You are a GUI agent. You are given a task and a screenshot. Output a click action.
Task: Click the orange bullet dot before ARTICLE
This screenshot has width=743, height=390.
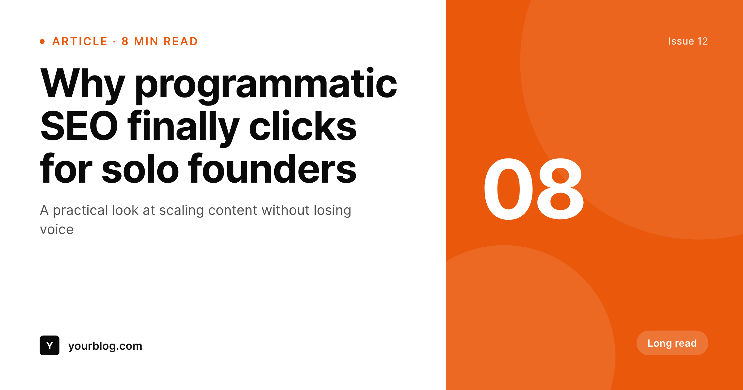click(42, 41)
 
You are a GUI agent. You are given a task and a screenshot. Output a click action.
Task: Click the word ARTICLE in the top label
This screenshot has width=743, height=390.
click(80, 41)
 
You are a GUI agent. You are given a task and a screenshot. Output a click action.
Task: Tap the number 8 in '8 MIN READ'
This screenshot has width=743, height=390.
click(125, 41)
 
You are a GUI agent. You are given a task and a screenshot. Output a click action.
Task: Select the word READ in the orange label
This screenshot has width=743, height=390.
click(181, 41)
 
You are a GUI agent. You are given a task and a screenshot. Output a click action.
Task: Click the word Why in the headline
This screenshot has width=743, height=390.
click(83, 84)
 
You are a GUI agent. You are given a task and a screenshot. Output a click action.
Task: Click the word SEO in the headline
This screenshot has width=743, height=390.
click(79, 126)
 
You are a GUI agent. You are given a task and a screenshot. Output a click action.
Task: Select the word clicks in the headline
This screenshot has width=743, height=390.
click(303, 126)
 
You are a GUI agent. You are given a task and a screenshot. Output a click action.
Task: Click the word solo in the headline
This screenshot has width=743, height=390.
click(140, 169)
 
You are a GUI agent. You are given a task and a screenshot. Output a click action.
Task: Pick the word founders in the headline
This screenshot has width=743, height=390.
click(272, 169)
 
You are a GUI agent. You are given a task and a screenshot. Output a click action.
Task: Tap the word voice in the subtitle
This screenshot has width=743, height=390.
click(57, 230)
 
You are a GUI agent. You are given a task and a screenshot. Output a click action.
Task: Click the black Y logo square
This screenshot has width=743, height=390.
click(50, 345)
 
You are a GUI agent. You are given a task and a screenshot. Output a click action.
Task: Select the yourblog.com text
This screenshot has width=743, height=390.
click(105, 346)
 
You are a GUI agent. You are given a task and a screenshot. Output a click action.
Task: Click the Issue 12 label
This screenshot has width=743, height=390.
click(688, 41)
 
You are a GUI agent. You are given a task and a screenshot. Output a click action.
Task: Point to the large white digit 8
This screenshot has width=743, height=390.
click(560, 189)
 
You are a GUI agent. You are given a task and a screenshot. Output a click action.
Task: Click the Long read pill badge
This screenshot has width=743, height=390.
click(672, 343)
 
